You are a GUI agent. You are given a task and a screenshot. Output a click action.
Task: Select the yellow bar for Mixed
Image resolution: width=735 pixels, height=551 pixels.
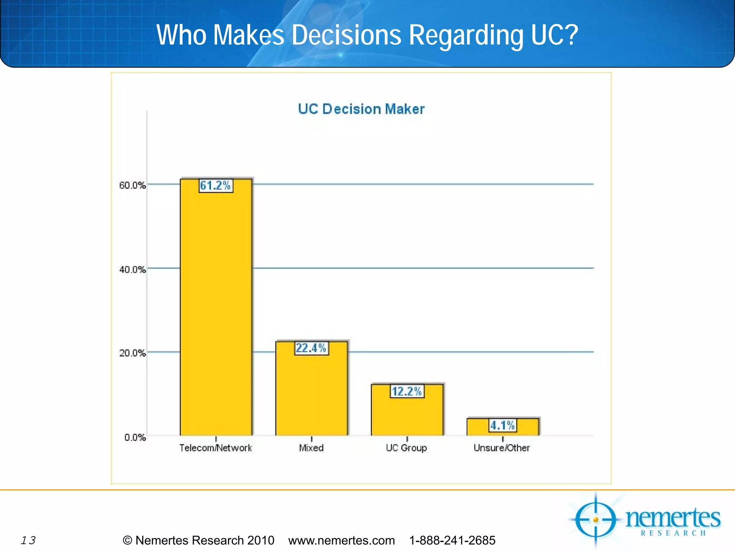[x=311, y=395]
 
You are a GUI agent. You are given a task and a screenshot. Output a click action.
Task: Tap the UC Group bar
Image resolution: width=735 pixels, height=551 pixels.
[x=407, y=416]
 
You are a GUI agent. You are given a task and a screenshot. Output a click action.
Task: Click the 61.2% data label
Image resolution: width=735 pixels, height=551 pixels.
[x=216, y=185]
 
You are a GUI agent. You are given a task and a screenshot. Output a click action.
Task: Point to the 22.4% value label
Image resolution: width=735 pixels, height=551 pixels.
[x=311, y=348]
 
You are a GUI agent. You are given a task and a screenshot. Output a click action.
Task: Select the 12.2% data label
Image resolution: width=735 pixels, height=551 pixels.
[x=407, y=391]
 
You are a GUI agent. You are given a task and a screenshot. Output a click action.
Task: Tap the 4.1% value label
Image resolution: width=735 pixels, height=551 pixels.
[x=502, y=425]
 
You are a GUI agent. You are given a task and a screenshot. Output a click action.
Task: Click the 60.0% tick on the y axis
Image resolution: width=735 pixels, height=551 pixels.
[x=132, y=185]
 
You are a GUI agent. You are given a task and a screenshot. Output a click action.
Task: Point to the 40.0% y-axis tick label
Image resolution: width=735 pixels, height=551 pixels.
[x=132, y=269]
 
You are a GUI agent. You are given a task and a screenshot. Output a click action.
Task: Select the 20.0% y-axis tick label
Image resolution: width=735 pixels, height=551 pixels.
[x=132, y=353]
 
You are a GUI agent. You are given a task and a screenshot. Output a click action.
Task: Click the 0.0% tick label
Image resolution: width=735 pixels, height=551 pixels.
[x=135, y=437]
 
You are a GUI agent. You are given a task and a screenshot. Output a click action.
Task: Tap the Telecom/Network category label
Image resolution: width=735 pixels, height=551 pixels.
[x=216, y=448]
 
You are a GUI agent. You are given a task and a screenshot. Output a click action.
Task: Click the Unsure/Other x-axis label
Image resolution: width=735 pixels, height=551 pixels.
[x=502, y=448]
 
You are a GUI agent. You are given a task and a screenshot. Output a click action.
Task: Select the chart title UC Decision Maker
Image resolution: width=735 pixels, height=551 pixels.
[x=361, y=109]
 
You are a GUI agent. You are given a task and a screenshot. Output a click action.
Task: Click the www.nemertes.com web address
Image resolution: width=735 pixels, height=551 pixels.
[x=341, y=540]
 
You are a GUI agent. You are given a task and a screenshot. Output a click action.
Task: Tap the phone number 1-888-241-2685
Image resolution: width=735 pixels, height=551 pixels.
[x=452, y=540]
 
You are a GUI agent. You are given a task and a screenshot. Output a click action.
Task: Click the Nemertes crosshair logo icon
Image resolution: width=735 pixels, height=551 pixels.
[x=596, y=519]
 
